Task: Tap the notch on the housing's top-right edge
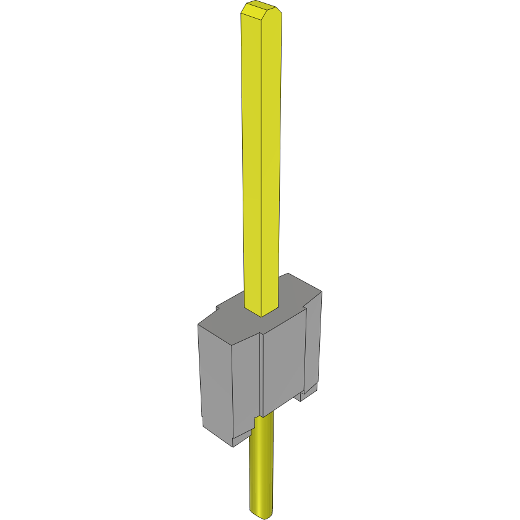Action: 306,305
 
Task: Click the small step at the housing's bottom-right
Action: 308,393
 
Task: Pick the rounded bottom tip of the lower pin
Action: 261,513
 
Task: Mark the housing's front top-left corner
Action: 198,325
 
